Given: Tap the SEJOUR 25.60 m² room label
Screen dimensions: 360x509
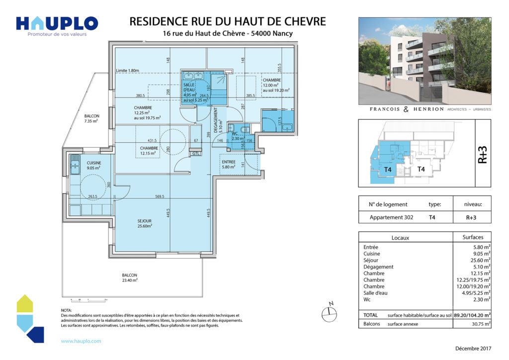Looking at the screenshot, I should point(145,223).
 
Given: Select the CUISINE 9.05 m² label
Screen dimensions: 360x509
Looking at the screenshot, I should point(94,166).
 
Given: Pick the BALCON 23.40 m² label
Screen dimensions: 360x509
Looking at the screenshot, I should point(130,278).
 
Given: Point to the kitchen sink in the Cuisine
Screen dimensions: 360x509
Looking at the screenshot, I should point(76,164).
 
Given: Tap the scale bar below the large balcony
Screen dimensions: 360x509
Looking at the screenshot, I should point(90,300).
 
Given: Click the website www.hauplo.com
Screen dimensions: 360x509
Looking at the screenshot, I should point(81,341).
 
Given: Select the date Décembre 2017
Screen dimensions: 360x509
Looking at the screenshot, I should point(472,348).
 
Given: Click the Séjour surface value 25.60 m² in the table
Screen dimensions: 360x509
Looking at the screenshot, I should point(481,260).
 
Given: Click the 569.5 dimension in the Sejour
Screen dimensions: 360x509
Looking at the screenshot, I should point(160,196).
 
